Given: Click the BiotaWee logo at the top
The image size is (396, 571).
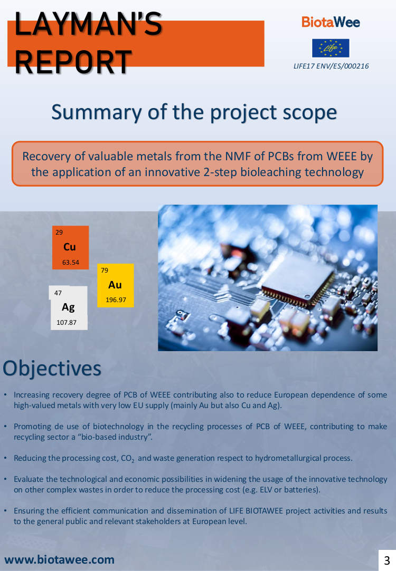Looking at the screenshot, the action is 331,22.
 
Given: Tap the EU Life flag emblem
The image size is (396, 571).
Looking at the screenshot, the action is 331,48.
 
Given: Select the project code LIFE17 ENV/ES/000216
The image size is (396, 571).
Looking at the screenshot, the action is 331,66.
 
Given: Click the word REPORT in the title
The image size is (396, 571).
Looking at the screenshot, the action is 73,62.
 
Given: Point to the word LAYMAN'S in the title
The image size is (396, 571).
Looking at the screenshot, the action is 88,24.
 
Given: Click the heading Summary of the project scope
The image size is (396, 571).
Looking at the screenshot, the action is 194,112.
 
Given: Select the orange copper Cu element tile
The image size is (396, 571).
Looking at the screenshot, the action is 70,248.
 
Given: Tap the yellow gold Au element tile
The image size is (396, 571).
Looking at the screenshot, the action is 116,286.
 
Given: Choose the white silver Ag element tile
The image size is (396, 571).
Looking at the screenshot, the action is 69,308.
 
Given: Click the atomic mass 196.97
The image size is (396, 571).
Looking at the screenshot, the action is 116,300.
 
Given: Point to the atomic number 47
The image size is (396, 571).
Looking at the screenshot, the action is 58,293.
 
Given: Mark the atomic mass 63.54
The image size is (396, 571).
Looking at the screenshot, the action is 71,262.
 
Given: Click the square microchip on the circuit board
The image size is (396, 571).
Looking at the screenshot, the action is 298,279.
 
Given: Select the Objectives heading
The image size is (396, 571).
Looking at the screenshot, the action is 52,368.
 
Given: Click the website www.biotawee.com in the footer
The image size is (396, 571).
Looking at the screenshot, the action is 60,560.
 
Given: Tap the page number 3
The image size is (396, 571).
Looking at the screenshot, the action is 387,560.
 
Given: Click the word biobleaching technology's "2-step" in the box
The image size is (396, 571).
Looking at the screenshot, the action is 219,172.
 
